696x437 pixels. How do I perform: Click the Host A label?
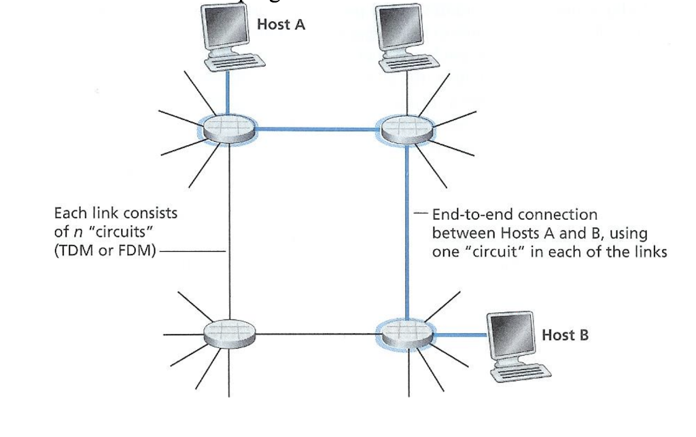click(x=281, y=25)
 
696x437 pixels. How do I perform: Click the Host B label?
click(x=565, y=335)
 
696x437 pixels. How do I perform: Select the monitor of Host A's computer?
click(x=224, y=31)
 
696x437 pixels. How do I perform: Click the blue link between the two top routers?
click(x=318, y=128)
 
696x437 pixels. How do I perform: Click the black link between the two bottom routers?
click(x=318, y=334)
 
